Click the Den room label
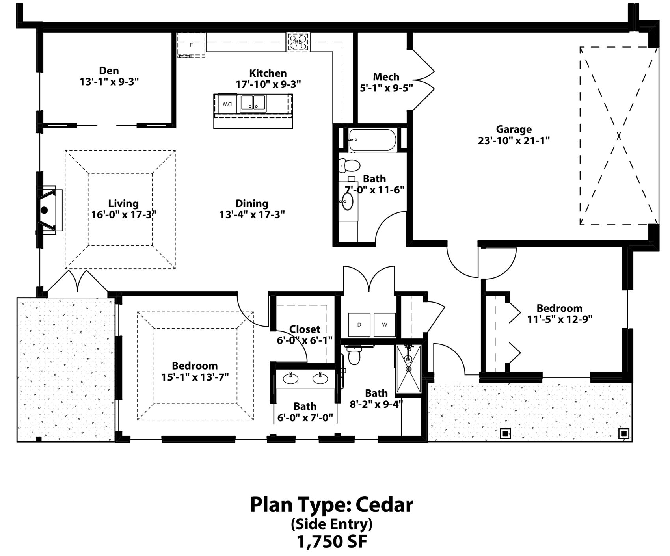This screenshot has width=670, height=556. tap(109, 71)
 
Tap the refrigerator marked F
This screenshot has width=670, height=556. tap(191, 45)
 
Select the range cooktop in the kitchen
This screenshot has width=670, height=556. tap(298, 42)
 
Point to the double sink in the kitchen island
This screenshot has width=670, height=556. tap(253, 103)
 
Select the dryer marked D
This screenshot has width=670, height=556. tap(359, 325)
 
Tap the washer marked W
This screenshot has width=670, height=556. tap(384, 325)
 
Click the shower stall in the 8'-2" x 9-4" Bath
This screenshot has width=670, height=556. tap(409, 369)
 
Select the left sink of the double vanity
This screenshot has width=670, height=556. tap(290, 378)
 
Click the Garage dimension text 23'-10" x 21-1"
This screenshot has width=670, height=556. tap(514, 141)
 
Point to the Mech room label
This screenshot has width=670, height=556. tap(386, 77)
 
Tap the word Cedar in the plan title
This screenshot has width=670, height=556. tap(385, 505)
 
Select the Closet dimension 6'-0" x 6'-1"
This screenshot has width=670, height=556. tap(305, 340)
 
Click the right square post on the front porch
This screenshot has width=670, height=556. tap(624, 433)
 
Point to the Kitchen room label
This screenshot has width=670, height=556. tap(268, 73)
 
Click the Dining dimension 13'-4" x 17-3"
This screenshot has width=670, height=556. tap(252, 215)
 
